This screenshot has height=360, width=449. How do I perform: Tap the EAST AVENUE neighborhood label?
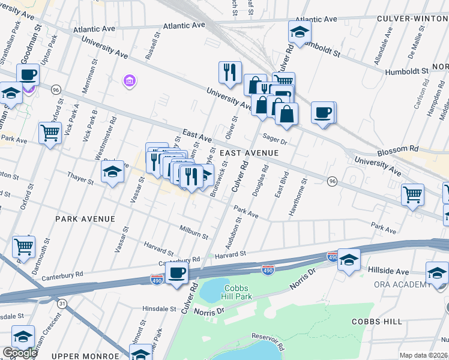(249, 153)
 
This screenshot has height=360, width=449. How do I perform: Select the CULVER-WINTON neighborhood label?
(413, 19)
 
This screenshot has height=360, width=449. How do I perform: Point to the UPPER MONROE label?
(82, 356)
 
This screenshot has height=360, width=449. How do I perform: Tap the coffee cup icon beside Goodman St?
(28, 76)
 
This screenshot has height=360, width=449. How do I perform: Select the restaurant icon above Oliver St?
(229, 72)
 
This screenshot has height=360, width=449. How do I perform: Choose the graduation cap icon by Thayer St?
(112, 172)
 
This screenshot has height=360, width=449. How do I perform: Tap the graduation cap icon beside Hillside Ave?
(348, 260)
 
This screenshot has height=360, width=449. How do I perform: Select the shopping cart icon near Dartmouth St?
(23, 246)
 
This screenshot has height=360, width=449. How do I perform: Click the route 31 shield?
(62, 304)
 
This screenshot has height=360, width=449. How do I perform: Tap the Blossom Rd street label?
(406, 148)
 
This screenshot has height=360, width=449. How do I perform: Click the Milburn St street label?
(193, 231)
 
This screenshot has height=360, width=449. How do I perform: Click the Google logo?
(19, 352)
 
